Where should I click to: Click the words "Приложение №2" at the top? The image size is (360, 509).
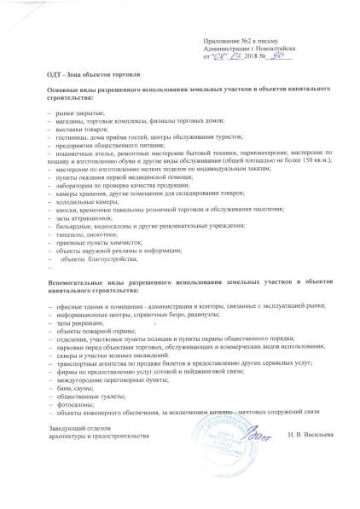pos(229,41)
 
